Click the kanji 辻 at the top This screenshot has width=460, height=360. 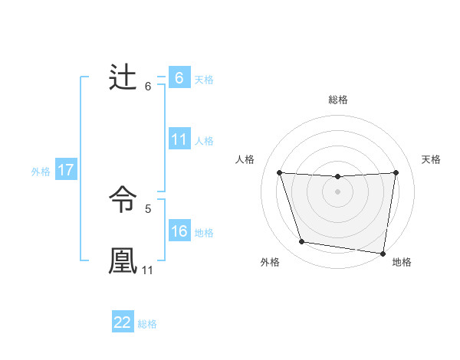123,78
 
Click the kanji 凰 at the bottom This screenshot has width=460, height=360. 123,259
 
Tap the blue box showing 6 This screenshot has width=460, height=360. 179,78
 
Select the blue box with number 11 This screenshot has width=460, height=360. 179,139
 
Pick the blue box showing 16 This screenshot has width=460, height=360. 179,231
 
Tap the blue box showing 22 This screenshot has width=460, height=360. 123,322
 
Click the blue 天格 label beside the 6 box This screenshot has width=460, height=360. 204,79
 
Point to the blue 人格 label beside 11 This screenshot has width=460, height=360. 204,140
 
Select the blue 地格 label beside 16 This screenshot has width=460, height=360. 204,232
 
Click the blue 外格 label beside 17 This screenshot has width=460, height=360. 41,172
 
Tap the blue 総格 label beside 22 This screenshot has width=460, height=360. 147,323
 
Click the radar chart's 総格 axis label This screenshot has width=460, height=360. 338,100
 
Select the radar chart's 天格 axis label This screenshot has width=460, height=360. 431,159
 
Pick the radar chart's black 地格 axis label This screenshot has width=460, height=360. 402,262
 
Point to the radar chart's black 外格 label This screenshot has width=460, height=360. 270,262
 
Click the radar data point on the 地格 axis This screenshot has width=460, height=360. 383,253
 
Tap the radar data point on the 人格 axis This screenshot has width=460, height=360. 280,172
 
